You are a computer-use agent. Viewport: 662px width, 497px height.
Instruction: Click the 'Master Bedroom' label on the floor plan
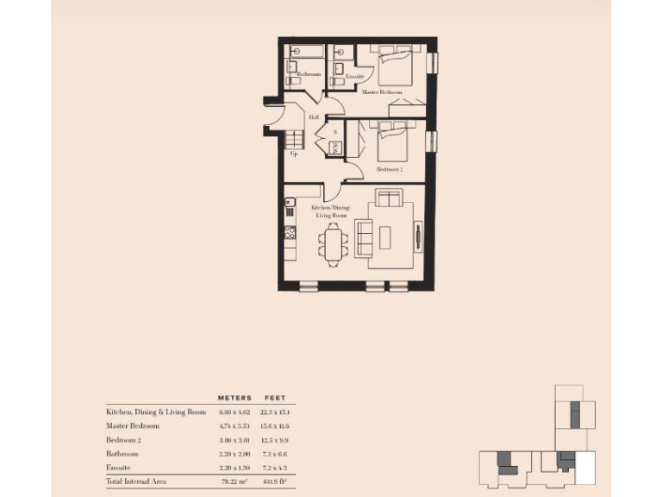click(x=384, y=91)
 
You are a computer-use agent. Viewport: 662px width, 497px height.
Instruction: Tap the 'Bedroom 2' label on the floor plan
click(x=390, y=170)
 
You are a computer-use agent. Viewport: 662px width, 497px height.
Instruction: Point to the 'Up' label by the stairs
click(x=294, y=154)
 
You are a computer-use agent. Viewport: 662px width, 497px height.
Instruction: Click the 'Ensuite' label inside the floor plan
click(x=353, y=77)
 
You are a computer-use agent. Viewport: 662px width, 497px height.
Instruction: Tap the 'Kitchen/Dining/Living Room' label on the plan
click(x=335, y=212)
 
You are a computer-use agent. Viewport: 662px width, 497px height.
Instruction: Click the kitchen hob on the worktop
click(x=290, y=232)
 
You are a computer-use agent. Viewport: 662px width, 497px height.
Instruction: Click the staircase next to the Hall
click(x=295, y=139)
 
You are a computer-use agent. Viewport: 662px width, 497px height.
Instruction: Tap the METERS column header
click(x=234, y=398)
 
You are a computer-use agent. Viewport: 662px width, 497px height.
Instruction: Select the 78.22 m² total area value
click(x=234, y=481)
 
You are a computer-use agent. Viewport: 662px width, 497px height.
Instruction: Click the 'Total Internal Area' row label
click(x=137, y=481)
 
